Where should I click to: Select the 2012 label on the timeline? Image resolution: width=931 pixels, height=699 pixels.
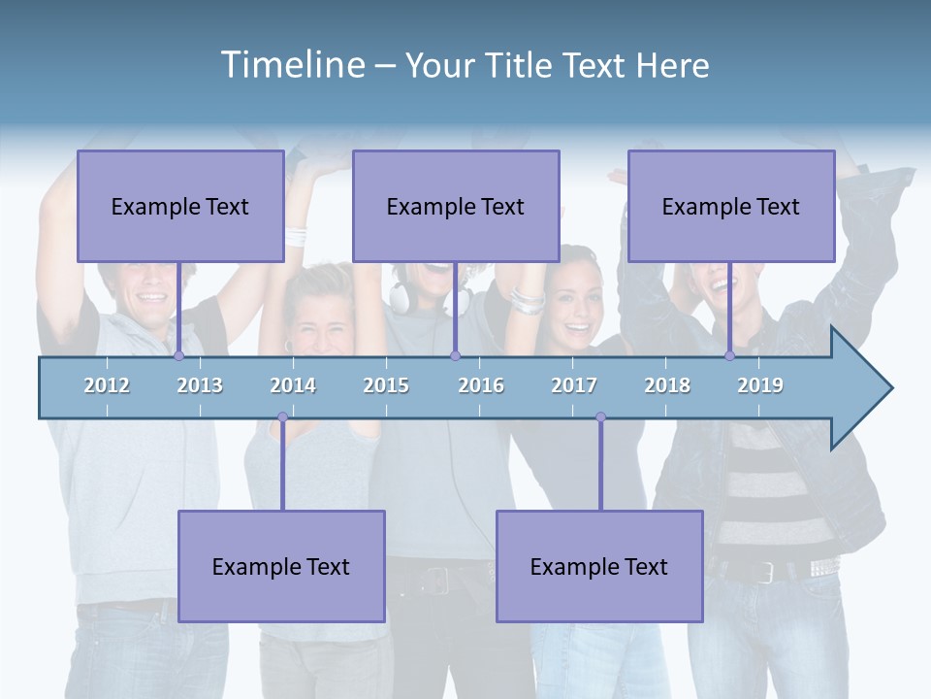107,385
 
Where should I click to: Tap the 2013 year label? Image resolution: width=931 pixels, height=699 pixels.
200,385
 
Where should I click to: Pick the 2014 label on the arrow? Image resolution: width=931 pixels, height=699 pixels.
293,385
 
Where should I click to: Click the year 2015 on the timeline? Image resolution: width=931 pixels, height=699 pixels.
386,385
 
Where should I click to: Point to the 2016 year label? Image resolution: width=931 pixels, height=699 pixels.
481,385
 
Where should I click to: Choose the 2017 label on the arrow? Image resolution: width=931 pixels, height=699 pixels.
574,385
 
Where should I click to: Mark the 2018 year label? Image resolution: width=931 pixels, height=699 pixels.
667,385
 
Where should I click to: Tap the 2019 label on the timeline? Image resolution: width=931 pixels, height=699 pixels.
760,385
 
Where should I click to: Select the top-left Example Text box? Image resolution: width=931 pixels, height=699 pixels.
180,207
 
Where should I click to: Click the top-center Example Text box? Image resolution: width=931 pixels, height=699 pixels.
456,207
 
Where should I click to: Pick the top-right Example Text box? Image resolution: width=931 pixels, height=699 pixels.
731,207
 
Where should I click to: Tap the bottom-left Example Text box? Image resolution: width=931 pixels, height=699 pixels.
281,566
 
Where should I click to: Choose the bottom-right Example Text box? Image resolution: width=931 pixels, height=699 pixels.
599,566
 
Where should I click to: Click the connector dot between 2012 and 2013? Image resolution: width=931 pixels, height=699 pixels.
178,355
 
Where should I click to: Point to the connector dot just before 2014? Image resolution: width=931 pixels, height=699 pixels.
282,417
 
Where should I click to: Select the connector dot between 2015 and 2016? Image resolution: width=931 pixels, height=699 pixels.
455,355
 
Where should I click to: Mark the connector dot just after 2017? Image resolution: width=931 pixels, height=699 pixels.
600,417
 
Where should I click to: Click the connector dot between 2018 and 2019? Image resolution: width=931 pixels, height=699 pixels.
729,355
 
